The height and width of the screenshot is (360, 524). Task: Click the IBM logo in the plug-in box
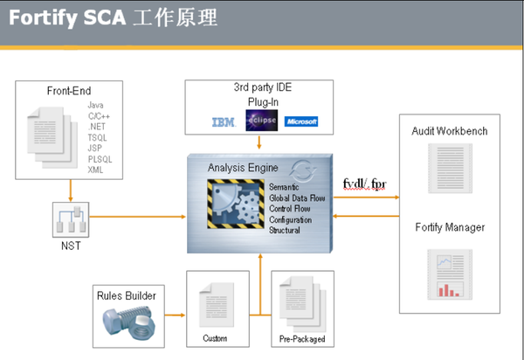(224, 122)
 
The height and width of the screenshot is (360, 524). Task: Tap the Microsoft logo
(301, 121)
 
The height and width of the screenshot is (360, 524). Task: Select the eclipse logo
(264, 121)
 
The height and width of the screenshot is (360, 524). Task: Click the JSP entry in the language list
(95, 149)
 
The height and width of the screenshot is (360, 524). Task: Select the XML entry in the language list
(96, 169)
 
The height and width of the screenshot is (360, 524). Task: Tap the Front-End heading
(69, 91)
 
